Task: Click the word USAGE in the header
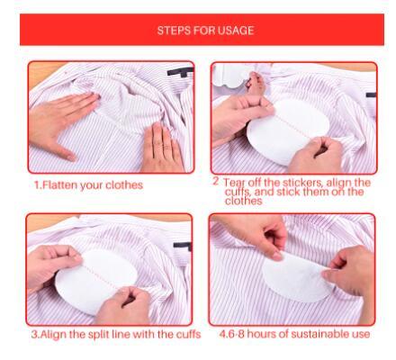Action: (235, 31)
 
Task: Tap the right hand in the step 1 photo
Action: (160, 144)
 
